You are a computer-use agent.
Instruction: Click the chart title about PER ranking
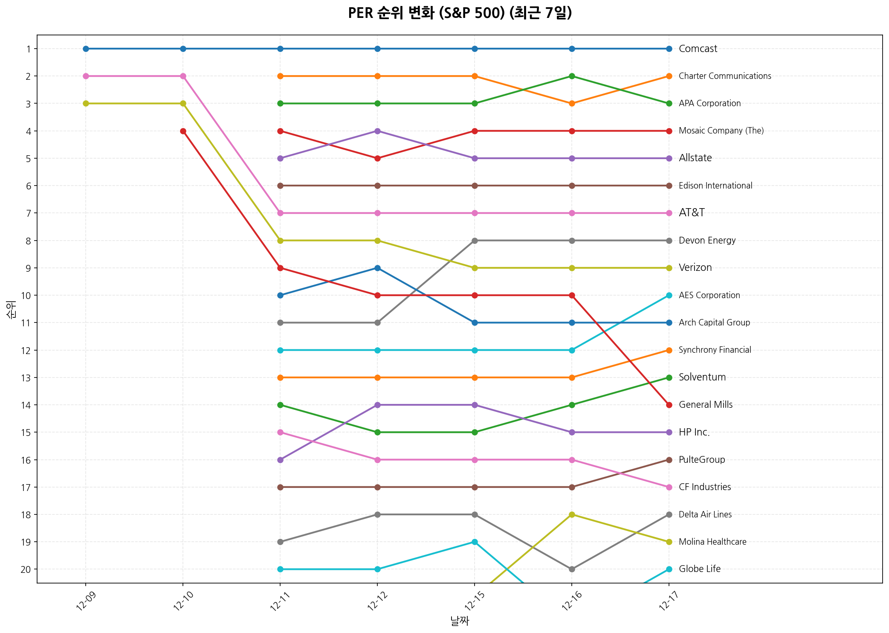pos(460,14)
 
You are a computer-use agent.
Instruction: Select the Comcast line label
pos(698,49)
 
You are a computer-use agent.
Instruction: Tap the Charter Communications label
pos(724,76)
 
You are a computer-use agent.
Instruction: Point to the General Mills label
pos(705,405)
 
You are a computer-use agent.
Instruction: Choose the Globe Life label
pos(699,569)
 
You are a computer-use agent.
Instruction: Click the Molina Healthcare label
pos(712,542)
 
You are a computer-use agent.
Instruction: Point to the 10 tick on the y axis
pos(26,296)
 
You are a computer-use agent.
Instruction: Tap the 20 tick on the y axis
pos(26,569)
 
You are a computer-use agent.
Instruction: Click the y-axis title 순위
pos(12,309)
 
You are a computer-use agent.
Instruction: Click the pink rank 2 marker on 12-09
pos(86,76)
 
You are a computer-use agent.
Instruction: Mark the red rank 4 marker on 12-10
pos(183,131)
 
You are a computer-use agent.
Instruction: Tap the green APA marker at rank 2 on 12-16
pos(572,76)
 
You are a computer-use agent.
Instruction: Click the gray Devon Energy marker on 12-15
pos(475,241)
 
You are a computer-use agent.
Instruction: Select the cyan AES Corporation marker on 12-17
pos(669,295)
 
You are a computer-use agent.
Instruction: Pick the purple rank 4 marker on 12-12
pos(377,131)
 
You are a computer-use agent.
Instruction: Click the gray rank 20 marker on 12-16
pos(572,569)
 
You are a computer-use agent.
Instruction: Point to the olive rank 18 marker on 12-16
pos(572,514)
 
